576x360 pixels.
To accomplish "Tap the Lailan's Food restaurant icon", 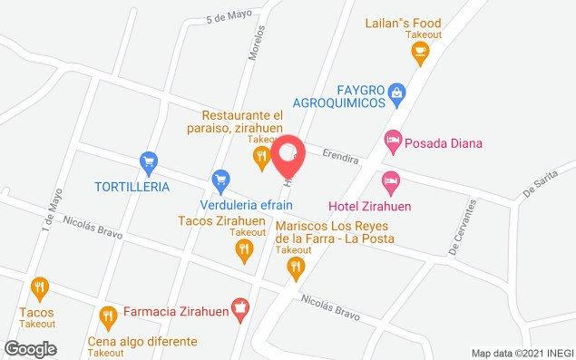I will [419, 54].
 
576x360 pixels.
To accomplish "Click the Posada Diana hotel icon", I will [391, 141].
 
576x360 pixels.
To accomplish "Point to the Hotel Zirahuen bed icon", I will [390, 181].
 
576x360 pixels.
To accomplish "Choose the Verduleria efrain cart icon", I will [219, 180].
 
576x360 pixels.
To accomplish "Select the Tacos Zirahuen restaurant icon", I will [241, 255].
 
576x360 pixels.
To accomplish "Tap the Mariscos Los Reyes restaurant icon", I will [294, 266].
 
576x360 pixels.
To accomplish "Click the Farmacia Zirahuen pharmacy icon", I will [239, 308].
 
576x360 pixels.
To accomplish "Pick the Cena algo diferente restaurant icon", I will [107, 316].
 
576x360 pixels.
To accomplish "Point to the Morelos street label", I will [258, 43].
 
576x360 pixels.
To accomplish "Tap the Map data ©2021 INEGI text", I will [521, 353].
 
